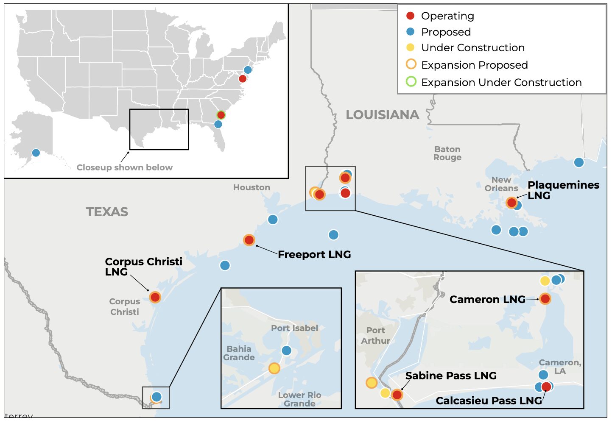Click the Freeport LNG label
click(314, 254)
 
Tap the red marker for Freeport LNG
click(249, 240)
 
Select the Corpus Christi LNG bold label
click(143, 267)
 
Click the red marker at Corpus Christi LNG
click(155, 297)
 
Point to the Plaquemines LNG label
click(563, 190)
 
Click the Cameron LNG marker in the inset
click(545, 299)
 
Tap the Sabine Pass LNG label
click(451, 376)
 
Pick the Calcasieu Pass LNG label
click(489, 401)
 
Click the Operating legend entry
click(447, 16)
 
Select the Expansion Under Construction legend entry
click(501, 82)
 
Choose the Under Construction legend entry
click(472, 48)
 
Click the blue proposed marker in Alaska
click(36, 153)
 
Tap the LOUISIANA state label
click(383, 115)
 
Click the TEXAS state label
click(107, 211)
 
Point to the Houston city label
click(252, 187)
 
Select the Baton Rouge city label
click(447, 153)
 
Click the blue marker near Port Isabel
click(287, 351)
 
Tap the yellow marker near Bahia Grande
click(274, 368)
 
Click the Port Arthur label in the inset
click(375, 335)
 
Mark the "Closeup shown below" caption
click(125, 167)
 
